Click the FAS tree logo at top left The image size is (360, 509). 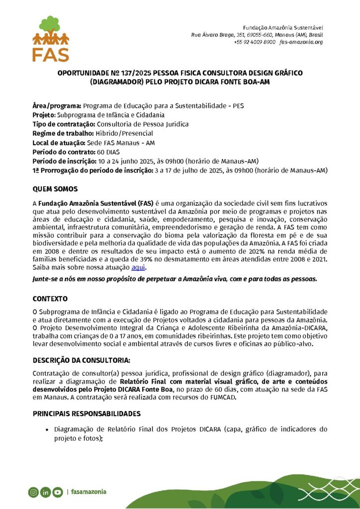[x=50, y=38]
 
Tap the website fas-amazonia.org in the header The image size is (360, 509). [x=301, y=42]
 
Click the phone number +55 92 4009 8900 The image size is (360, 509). [x=255, y=42]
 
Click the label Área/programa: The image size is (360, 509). [x=57, y=106]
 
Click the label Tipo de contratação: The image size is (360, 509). [x=64, y=124]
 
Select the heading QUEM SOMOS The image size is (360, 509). [x=55, y=189]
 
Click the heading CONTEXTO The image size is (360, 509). [x=50, y=299]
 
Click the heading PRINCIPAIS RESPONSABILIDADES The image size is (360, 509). [x=87, y=414]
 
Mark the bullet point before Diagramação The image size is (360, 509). [x=47, y=429]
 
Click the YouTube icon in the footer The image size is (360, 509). [x=58, y=492]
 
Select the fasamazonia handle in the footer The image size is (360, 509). [x=89, y=492]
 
